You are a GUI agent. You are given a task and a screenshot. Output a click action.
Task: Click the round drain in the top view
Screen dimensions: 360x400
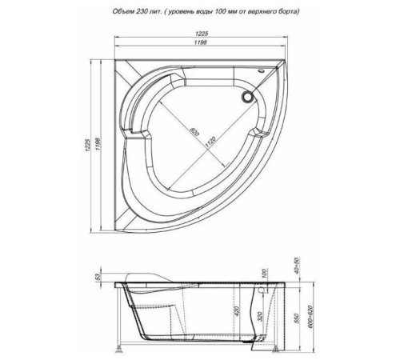(247, 98)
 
